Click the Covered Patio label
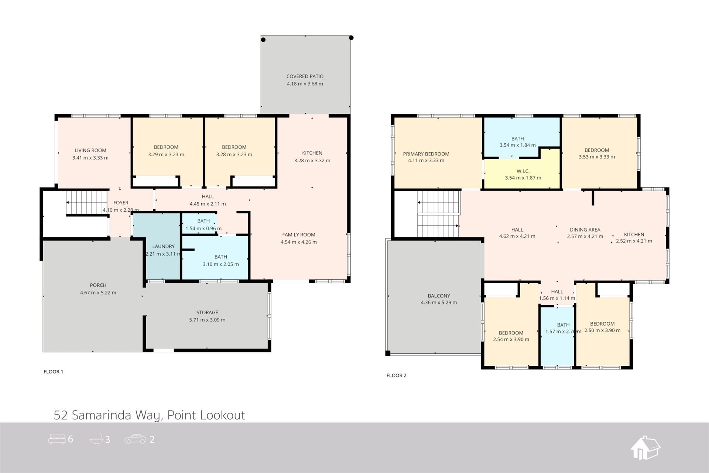[x=305, y=76]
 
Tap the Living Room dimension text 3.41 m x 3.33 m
[x=90, y=158]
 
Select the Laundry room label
[x=163, y=246]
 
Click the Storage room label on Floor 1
[x=207, y=313]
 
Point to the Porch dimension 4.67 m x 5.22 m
[x=98, y=293]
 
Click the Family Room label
[x=299, y=235]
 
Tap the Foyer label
[x=121, y=203]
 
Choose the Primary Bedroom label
[x=426, y=154]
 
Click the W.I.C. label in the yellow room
[x=523, y=171]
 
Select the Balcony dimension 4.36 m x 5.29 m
[x=439, y=303]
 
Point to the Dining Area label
[x=585, y=230]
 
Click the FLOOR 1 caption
[x=54, y=372]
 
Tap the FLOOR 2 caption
[x=397, y=375]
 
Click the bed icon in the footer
[x=57, y=439]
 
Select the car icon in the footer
[x=135, y=439]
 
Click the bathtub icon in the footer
[x=97, y=439]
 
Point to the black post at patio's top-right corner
[x=351, y=38]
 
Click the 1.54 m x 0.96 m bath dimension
[x=203, y=229]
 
